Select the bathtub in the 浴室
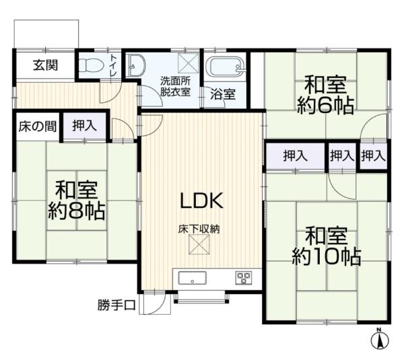(226, 68)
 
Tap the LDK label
(200, 200)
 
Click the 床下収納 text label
(199, 229)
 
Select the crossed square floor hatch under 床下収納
(199, 248)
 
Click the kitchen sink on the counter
(193, 277)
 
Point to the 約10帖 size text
(326, 256)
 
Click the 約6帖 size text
(326, 106)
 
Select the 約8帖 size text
(75, 211)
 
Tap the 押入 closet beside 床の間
(84, 125)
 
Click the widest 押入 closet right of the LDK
(295, 156)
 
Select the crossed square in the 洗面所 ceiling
(187, 63)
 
